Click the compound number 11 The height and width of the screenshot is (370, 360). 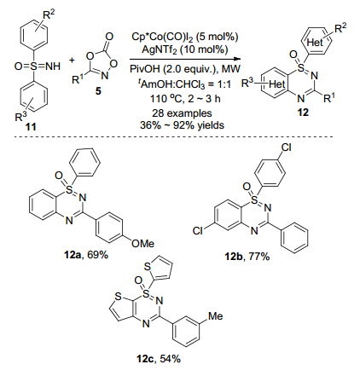pyautogui.click(x=32, y=126)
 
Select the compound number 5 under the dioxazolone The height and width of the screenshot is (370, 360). pyautogui.click(x=98, y=91)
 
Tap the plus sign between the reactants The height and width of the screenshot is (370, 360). pyautogui.click(x=72, y=60)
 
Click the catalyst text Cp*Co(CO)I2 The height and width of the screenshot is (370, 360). pyautogui.click(x=164, y=37)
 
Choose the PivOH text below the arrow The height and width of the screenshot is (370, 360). pyautogui.click(x=142, y=69)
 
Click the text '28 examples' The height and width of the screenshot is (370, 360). pyautogui.click(x=182, y=113)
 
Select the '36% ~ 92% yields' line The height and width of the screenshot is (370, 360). pyautogui.click(x=182, y=125)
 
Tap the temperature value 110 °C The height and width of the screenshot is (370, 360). pyautogui.click(x=170, y=99)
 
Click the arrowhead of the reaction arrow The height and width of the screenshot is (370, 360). pyautogui.click(x=238, y=59)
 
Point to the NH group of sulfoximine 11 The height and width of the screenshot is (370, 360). pyautogui.click(x=53, y=66)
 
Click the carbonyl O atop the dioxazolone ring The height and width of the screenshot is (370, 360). pyautogui.click(x=109, y=37)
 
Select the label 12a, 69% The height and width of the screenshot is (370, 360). pyautogui.click(x=86, y=255)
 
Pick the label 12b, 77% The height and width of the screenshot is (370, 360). pyautogui.click(x=247, y=257)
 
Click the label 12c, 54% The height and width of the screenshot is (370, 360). pyautogui.click(x=159, y=359)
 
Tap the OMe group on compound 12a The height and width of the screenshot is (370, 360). pyautogui.click(x=142, y=244)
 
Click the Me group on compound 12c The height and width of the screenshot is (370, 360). pyautogui.click(x=216, y=316)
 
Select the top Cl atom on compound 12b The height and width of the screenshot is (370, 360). pyautogui.click(x=286, y=147)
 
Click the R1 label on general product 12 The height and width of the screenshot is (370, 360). pyautogui.click(x=329, y=98)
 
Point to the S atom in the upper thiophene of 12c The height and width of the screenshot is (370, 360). pyautogui.click(x=148, y=266)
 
